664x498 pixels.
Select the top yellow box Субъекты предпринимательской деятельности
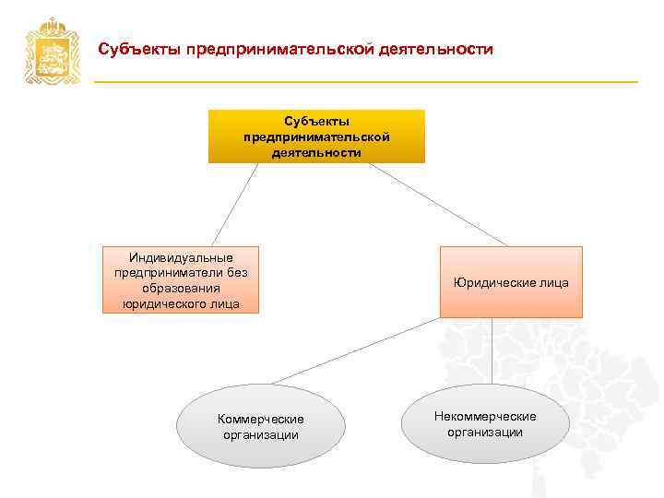tap(316, 136)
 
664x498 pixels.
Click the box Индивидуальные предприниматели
tap(181, 279)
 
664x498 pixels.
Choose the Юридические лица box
tap(511, 282)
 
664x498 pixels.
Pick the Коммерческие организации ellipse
tap(261, 427)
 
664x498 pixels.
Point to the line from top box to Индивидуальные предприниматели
tap(235, 204)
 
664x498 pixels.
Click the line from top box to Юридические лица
tap(433, 205)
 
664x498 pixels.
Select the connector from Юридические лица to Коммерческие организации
tap(355, 350)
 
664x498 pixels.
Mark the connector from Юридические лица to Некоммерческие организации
tap(492, 351)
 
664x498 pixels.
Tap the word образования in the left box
tap(181, 288)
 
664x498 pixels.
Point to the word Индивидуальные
tap(181, 257)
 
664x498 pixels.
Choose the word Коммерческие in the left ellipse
tap(261, 420)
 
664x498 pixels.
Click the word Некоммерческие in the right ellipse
tap(485, 417)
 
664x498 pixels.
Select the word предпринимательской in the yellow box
tap(316, 136)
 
